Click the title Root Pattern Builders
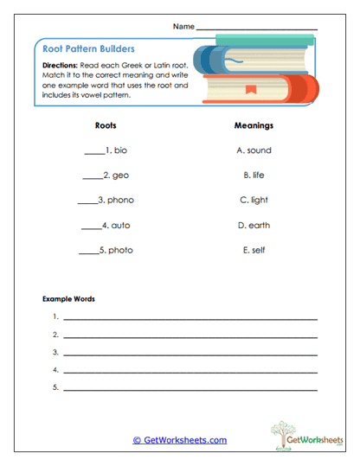(x=88, y=50)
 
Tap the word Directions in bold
(x=61, y=66)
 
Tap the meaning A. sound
(x=254, y=150)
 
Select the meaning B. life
(x=254, y=176)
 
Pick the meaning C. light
(x=254, y=201)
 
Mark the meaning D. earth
(x=254, y=226)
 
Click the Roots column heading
(x=106, y=125)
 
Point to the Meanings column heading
(x=254, y=125)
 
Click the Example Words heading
(x=68, y=299)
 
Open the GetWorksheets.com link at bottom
(x=179, y=440)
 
